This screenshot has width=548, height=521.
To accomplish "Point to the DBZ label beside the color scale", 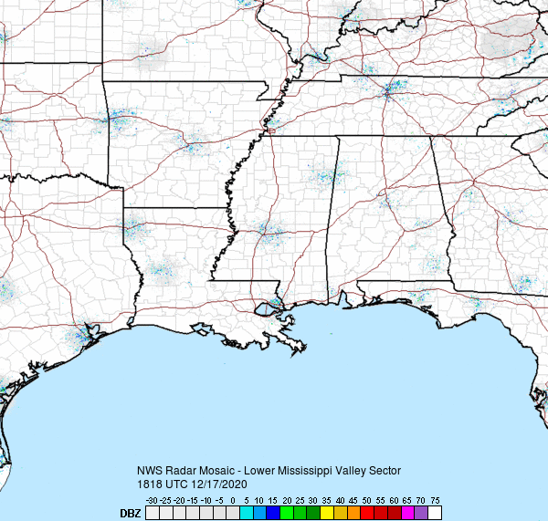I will click(x=131, y=514).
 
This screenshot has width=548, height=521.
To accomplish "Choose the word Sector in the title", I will click(x=383, y=470).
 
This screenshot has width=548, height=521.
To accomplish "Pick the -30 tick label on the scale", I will click(x=153, y=501).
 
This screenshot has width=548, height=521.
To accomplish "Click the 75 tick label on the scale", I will click(x=436, y=501).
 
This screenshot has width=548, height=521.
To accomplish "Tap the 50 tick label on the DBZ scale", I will click(x=366, y=501).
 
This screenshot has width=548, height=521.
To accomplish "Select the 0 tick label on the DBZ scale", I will click(x=233, y=501).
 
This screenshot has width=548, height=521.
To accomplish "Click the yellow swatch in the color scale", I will click(x=326, y=514).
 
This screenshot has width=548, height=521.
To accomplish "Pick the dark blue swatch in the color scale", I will click(x=272, y=514).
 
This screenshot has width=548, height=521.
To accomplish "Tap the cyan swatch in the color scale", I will click(x=246, y=514).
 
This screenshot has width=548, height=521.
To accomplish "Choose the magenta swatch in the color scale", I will click(x=407, y=514).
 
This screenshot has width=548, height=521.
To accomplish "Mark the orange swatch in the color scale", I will click(x=353, y=514).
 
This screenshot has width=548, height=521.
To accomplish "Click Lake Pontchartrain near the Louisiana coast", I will click(x=265, y=309).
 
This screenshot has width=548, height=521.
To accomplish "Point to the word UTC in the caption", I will click(x=178, y=484).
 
